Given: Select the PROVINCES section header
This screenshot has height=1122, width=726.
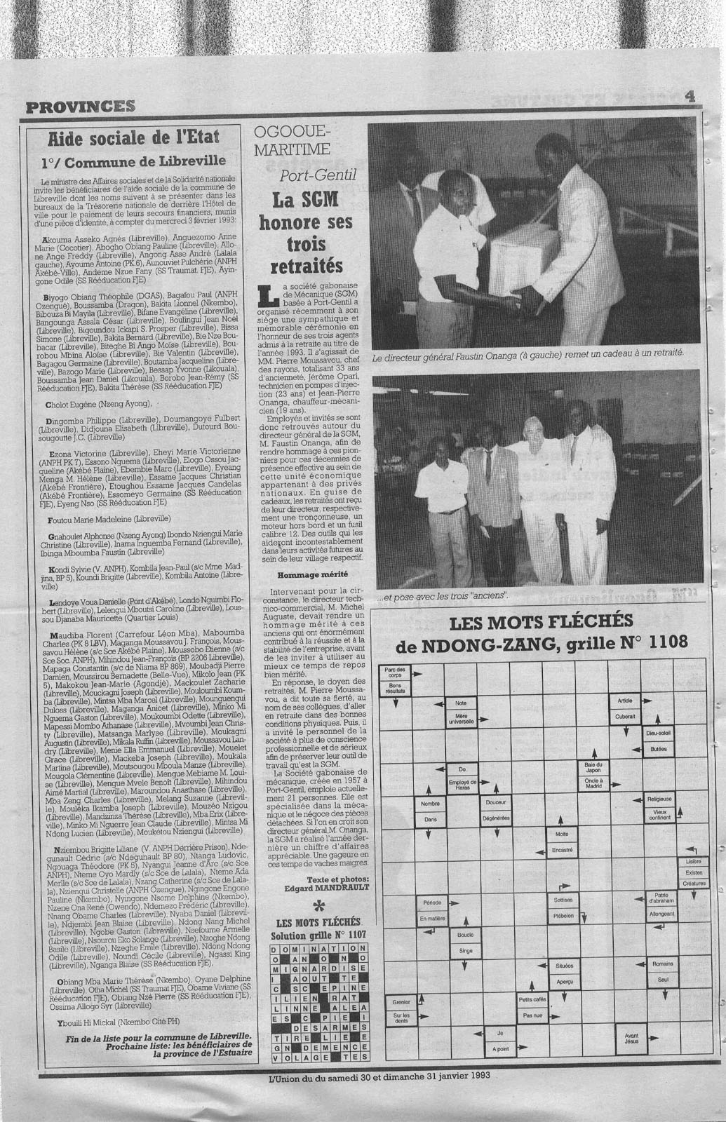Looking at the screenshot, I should pos(79,106).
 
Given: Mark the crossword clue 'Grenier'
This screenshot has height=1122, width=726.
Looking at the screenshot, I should pos(401,1002).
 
